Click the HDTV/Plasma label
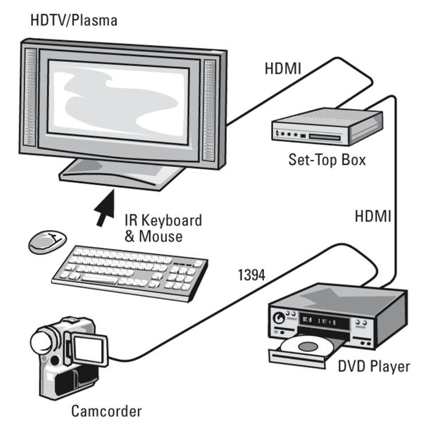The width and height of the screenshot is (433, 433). [x=73, y=19]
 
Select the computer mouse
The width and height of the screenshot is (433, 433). [x=47, y=241]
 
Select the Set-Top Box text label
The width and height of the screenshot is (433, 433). [x=327, y=160]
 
